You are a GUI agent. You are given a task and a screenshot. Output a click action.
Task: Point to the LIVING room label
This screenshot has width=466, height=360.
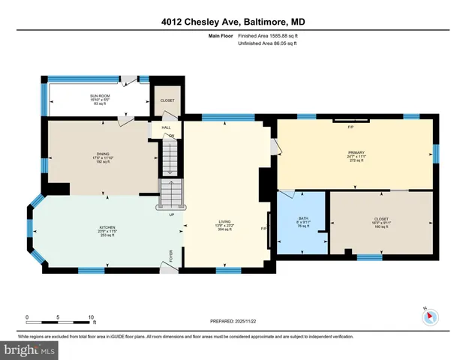(x=224, y=221)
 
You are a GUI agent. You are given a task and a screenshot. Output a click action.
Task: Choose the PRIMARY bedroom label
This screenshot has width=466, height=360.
(x=355, y=152)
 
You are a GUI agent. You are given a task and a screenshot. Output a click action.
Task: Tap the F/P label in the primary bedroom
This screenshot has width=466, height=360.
(x=350, y=126)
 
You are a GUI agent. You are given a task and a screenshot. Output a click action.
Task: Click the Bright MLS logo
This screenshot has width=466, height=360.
(x=29, y=349)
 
